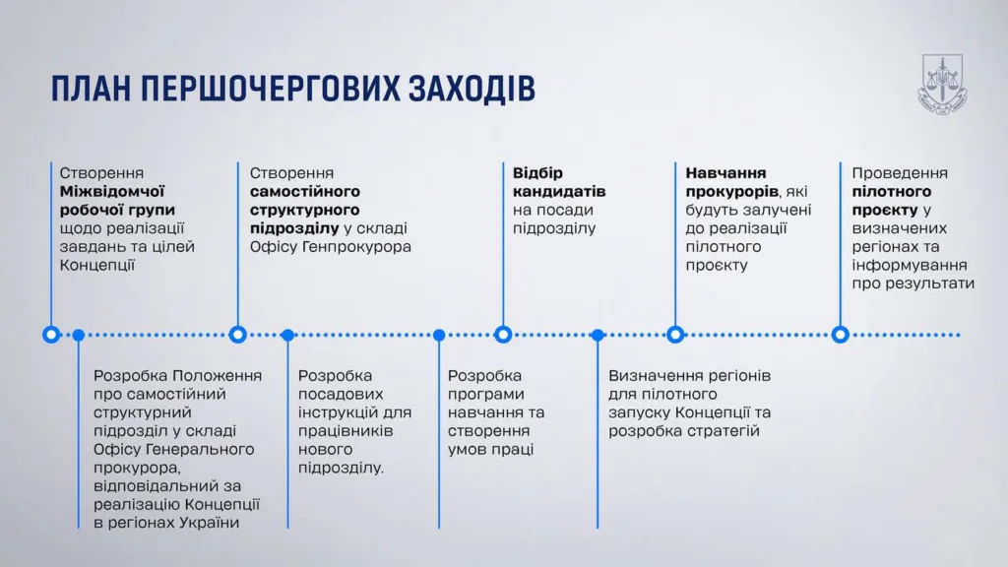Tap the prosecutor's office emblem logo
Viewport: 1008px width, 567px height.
tap(942, 85)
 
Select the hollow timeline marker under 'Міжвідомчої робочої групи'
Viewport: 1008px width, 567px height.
tap(51, 335)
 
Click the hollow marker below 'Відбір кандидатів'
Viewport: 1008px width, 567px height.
tap(503, 335)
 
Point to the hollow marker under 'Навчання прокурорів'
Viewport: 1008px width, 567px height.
tap(675, 335)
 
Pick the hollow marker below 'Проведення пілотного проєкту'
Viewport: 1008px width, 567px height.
tap(841, 335)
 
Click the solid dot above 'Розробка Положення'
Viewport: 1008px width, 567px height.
tap(79, 335)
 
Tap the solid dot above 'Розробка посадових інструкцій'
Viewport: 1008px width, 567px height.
tap(288, 335)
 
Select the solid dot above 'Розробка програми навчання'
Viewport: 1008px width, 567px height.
tap(439, 335)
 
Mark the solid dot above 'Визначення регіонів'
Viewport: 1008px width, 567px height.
tap(598, 335)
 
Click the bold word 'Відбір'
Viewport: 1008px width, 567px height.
tap(537, 173)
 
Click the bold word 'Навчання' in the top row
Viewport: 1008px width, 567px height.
tap(725, 173)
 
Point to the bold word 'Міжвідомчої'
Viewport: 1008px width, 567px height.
tap(112, 192)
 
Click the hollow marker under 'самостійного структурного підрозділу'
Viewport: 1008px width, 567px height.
tap(238, 335)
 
